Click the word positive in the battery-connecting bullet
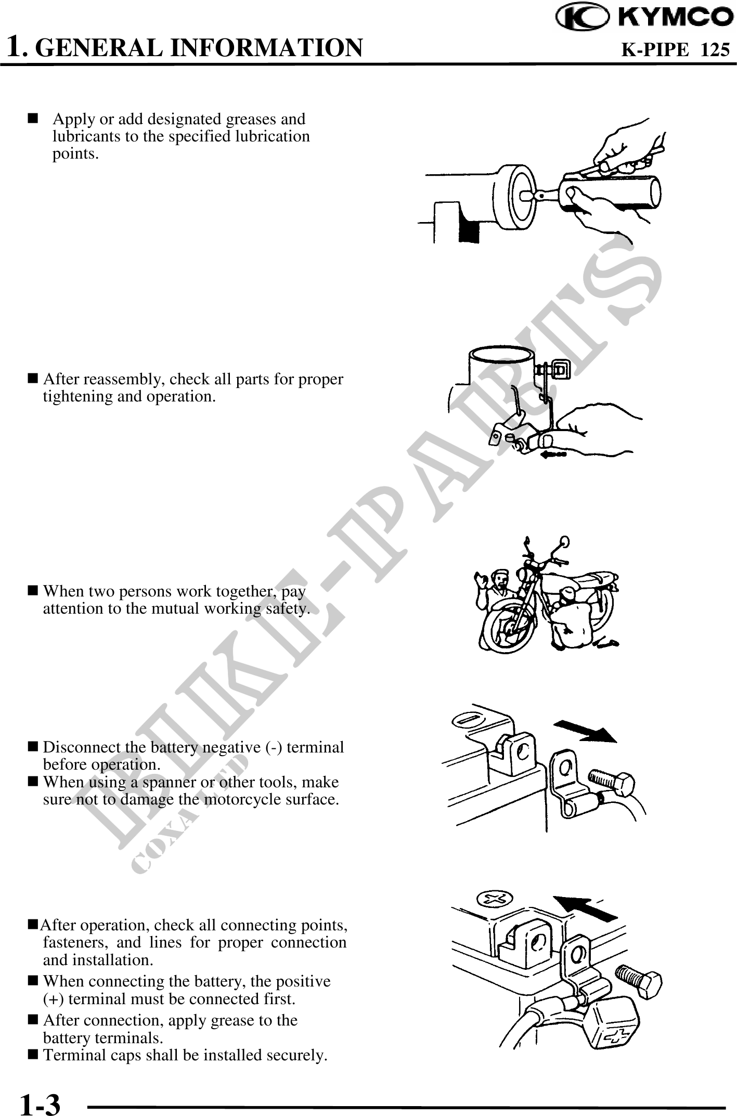point(306,981)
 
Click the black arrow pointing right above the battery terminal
point(585,731)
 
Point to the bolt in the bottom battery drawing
point(639,980)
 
